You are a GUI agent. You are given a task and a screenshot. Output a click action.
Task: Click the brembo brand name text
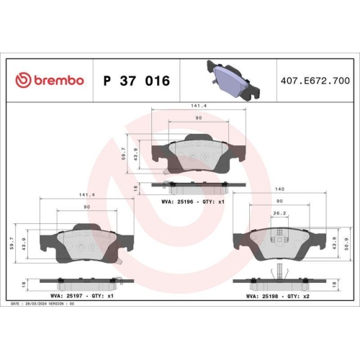point(59,80)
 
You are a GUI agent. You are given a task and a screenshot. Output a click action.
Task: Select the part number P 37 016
point(136,81)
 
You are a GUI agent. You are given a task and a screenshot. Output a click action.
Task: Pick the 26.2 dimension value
point(279,213)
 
